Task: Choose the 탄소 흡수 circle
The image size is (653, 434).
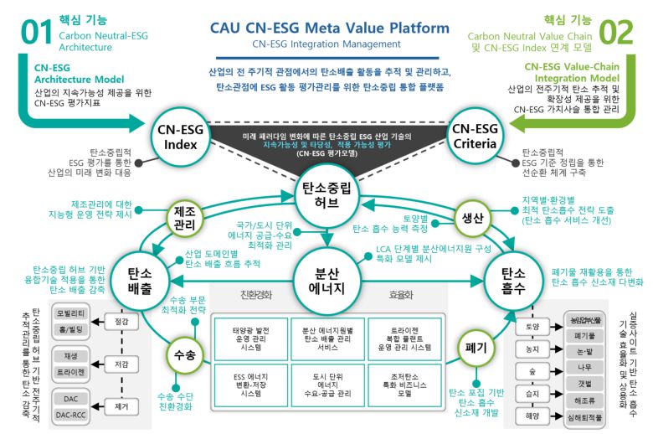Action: pyautogui.click(x=512, y=276)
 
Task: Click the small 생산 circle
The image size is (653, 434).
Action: pyautogui.click(x=473, y=218)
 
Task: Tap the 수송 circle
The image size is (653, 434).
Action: pyautogui.click(x=186, y=355)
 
